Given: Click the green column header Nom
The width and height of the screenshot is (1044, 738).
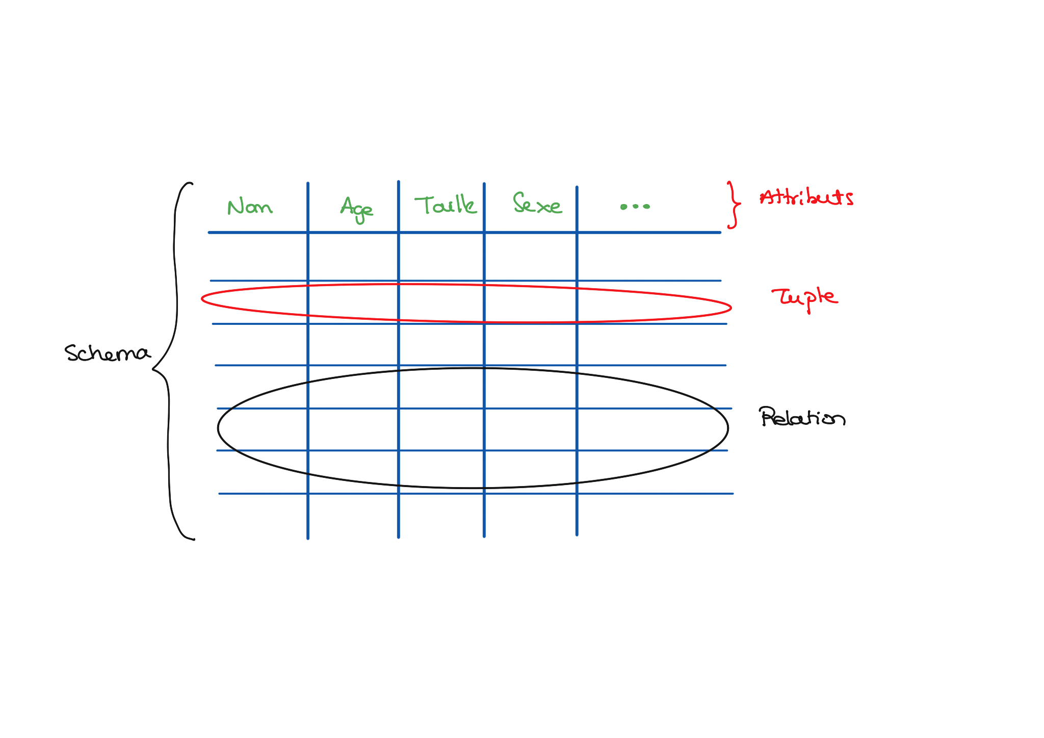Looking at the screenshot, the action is point(250,207).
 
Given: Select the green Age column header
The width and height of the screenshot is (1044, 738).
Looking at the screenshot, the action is point(356,209).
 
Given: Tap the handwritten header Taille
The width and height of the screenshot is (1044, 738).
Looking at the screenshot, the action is point(446,205).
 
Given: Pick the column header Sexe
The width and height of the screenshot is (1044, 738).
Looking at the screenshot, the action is point(537,204).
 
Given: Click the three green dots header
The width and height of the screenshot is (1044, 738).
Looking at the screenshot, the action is point(635,207).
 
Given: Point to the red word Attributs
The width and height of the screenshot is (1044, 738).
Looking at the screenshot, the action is point(806,197).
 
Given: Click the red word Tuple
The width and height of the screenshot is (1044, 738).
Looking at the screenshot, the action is point(804,297).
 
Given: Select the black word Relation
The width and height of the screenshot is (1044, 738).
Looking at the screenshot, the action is point(801,418).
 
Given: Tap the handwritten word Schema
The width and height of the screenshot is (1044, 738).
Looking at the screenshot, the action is point(107,353).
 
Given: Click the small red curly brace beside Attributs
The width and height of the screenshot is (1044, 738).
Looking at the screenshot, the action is point(734,205).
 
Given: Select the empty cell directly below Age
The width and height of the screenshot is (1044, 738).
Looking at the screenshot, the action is point(353,257).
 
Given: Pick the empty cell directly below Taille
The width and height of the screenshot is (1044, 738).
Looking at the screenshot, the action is point(441,257).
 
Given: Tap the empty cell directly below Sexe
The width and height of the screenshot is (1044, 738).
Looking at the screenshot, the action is point(530,257).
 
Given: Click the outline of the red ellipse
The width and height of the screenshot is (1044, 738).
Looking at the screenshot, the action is point(730,308).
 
